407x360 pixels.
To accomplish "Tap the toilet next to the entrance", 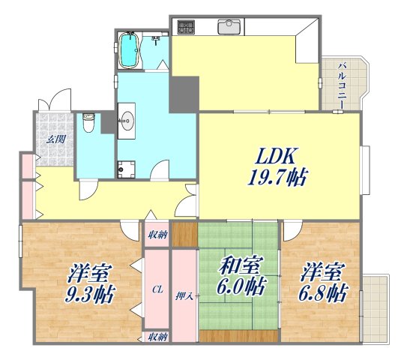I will click(88, 122).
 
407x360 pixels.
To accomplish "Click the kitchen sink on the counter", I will click(228, 27).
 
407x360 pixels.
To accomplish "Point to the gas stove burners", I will click(186, 27).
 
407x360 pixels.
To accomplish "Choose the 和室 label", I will click(240, 265).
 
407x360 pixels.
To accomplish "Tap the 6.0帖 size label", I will click(240, 286).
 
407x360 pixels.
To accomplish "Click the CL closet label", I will click(157, 289).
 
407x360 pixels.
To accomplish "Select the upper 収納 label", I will click(157, 234).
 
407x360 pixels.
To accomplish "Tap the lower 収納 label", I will click(157, 337).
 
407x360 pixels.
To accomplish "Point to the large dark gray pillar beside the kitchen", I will click(182, 94).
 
